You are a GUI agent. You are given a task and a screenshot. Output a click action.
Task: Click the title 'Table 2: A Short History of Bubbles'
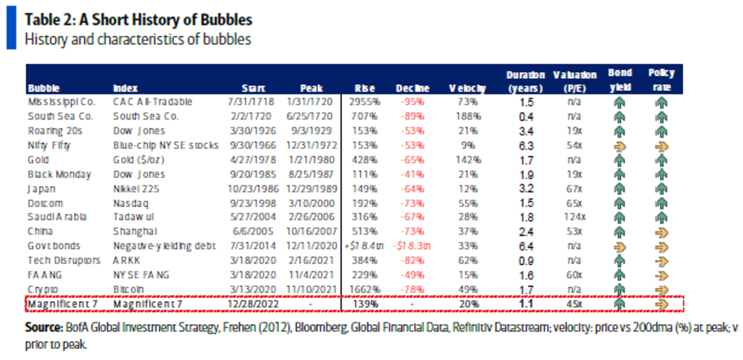pos(138,20)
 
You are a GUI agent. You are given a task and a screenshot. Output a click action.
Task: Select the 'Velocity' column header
pos(467,89)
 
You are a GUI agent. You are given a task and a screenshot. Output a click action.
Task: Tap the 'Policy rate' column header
pos(661,80)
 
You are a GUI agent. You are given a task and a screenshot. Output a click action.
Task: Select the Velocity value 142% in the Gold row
pos(467,160)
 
